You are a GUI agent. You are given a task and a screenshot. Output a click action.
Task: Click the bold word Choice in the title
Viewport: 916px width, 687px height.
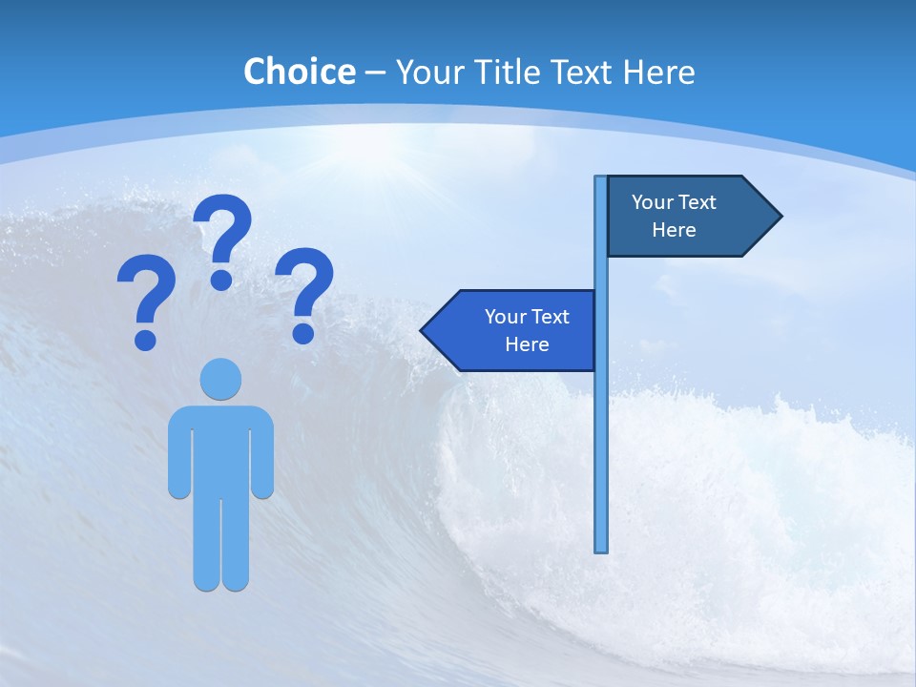click(299, 72)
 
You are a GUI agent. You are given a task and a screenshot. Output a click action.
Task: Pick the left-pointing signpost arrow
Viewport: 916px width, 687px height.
click(510, 330)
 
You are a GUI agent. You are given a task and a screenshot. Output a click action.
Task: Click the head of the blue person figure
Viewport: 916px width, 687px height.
click(220, 379)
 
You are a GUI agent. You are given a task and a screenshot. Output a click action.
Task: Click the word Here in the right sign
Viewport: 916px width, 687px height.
click(674, 230)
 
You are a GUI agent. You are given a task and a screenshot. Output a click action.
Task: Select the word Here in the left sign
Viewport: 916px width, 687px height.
click(527, 344)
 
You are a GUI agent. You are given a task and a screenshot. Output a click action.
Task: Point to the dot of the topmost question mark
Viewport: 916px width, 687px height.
click(221, 280)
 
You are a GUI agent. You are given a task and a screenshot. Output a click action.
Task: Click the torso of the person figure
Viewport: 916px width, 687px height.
click(220, 448)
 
